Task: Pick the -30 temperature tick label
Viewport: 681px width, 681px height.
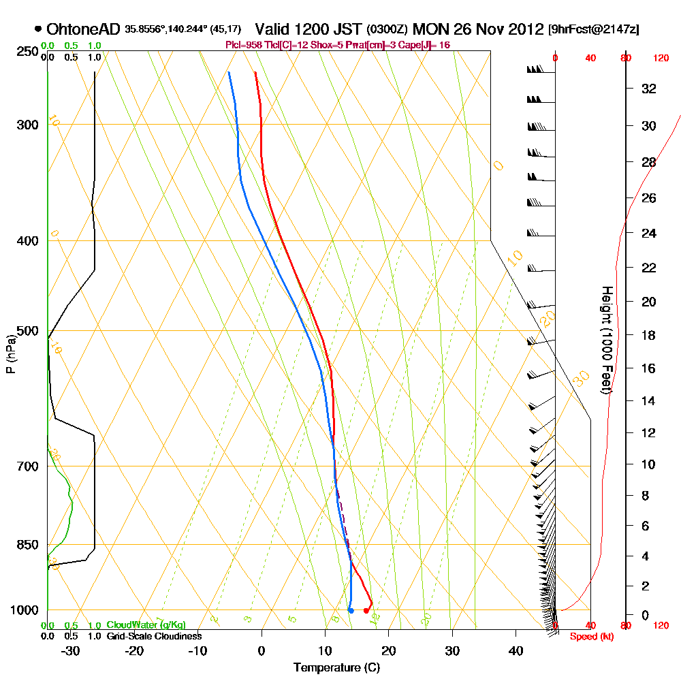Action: pos(71,650)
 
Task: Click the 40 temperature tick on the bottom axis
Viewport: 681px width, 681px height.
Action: pos(516,650)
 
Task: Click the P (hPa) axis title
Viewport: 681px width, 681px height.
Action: pos(10,354)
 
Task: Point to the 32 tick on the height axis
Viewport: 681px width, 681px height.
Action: pos(648,89)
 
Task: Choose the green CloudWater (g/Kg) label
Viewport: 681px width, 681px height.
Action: pos(146,625)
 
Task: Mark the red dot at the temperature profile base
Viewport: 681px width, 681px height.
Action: pos(366,610)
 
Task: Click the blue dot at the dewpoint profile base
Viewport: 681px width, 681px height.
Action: pos(351,610)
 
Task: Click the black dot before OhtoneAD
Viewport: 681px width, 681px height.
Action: pos(37,29)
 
